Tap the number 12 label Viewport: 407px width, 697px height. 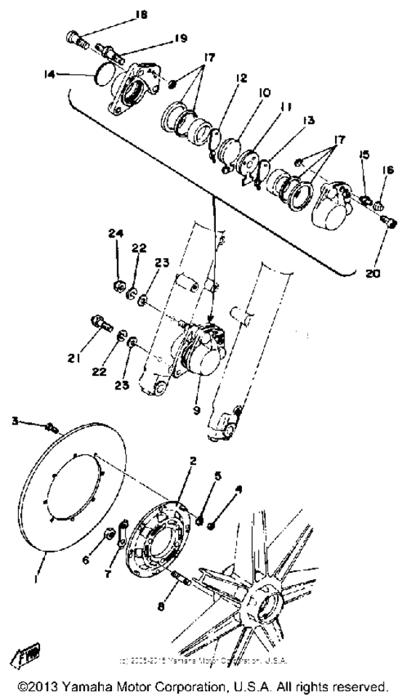click(x=241, y=77)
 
